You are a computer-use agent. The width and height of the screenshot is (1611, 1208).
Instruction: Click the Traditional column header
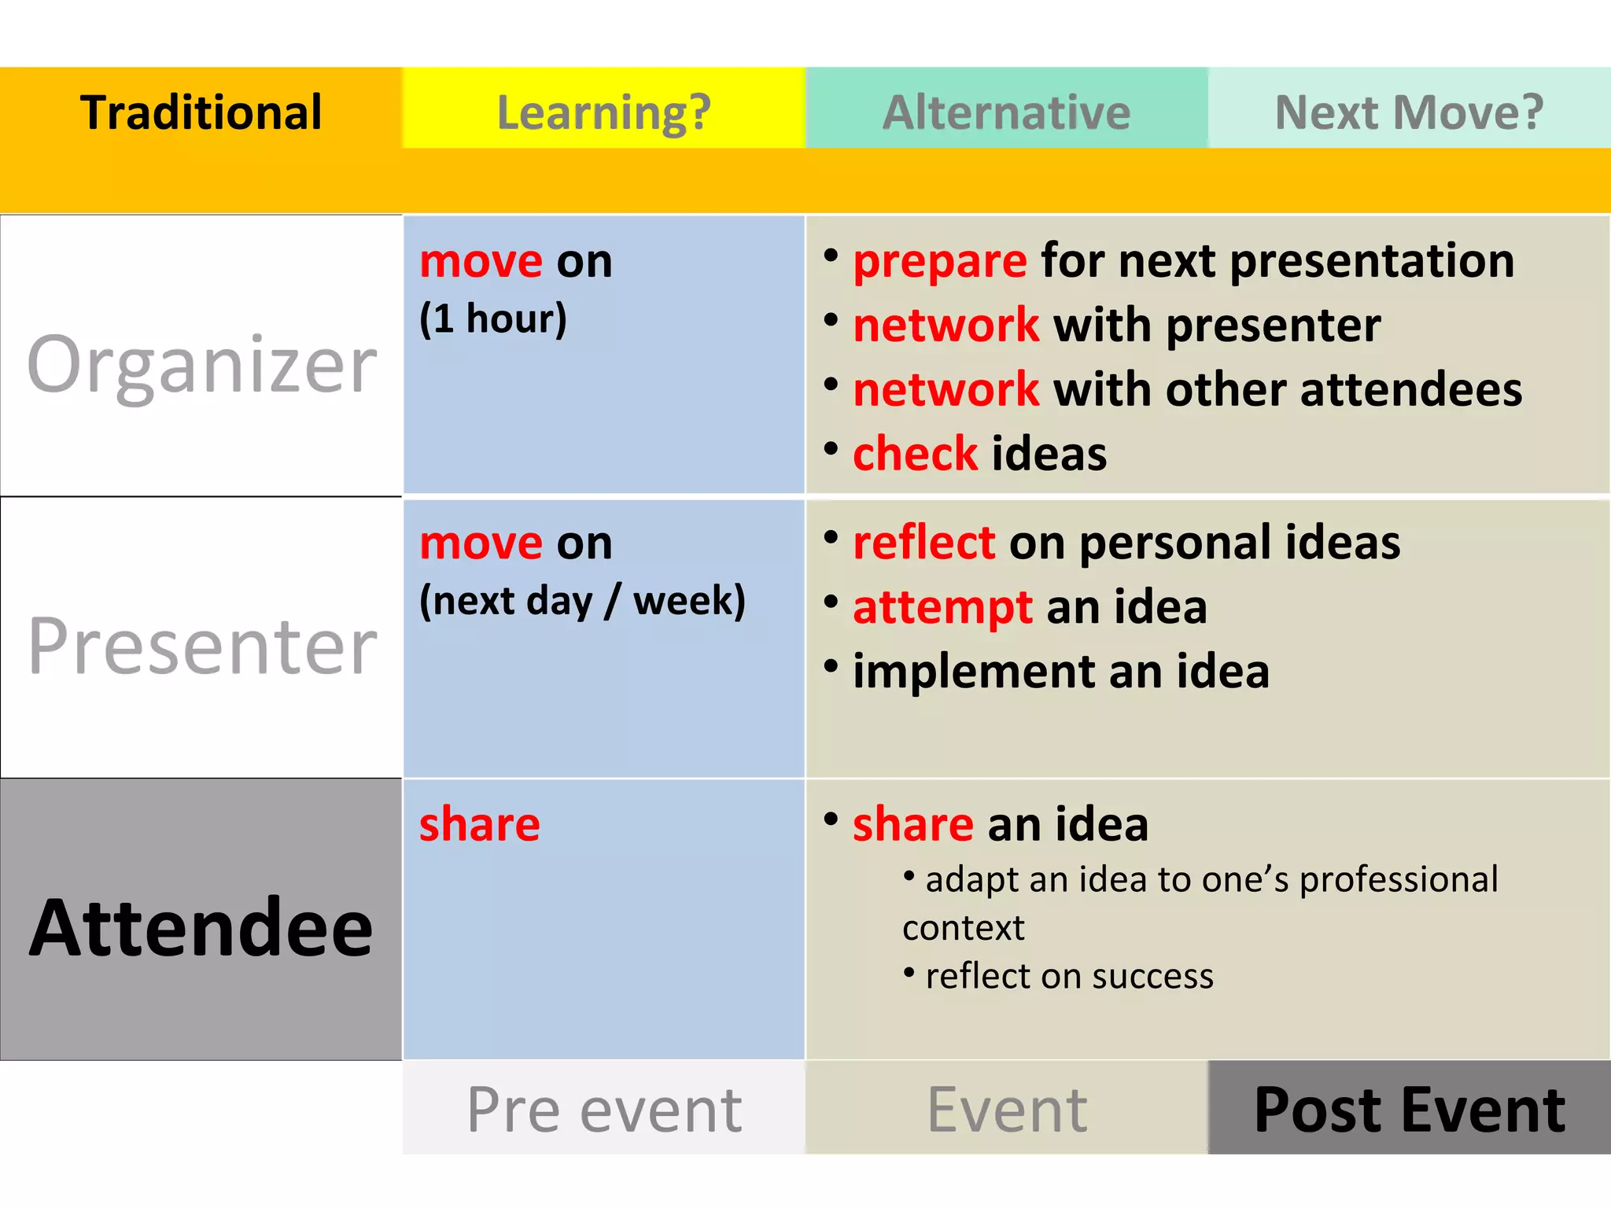(201, 112)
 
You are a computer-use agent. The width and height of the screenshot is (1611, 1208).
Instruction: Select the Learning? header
(603, 112)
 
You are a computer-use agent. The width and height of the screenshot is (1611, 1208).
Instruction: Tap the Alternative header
(1006, 112)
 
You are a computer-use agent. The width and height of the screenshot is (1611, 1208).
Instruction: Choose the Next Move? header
(1409, 112)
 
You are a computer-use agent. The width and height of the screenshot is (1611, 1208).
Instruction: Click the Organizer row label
(202, 363)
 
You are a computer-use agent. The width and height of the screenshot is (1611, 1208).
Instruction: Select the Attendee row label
(201, 928)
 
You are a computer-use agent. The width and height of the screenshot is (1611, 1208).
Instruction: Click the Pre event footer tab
(603, 1109)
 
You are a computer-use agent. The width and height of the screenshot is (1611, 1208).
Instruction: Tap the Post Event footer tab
(1409, 1109)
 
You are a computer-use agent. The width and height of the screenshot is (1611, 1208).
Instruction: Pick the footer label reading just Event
(1007, 1109)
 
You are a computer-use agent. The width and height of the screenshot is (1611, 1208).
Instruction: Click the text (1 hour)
(492, 319)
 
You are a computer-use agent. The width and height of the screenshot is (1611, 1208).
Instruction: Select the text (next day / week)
(582, 601)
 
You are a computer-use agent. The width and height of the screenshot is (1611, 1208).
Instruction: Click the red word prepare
(939, 261)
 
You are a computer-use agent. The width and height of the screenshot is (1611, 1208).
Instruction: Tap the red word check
(915, 454)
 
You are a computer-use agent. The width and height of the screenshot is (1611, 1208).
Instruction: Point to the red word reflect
(923, 543)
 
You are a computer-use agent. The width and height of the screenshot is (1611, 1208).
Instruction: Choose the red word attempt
(942, 608)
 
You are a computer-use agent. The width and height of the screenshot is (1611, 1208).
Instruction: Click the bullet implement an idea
(1060, 672)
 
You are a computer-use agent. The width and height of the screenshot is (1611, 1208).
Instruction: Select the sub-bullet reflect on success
(1068, 976)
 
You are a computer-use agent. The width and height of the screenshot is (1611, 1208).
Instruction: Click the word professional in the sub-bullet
(1398, 880)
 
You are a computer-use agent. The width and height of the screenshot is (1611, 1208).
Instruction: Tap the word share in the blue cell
(479, 824)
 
